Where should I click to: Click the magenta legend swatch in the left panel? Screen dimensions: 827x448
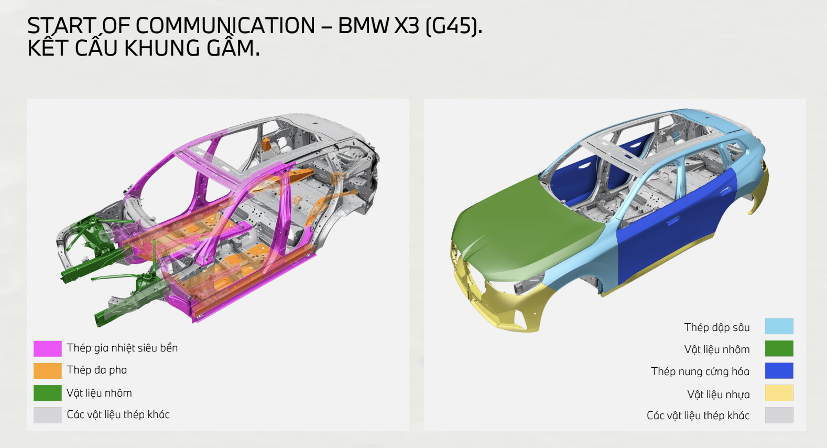coord(48,348)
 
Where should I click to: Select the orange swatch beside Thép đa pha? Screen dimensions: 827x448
coord(48,371)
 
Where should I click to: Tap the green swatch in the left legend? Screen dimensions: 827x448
coord(48,393)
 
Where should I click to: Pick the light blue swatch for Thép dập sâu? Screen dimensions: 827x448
coord(779,326)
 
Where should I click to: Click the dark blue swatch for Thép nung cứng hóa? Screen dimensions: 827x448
coord(779,371)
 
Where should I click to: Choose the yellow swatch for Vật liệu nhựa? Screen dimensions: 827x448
coord(779,393)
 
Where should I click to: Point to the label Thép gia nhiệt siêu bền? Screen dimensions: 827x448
coord(122,348)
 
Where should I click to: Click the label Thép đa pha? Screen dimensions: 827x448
coord(97,370)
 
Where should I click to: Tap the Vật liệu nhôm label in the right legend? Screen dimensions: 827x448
coord(717,350)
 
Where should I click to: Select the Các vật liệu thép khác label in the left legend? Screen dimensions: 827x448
coord(118,415)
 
